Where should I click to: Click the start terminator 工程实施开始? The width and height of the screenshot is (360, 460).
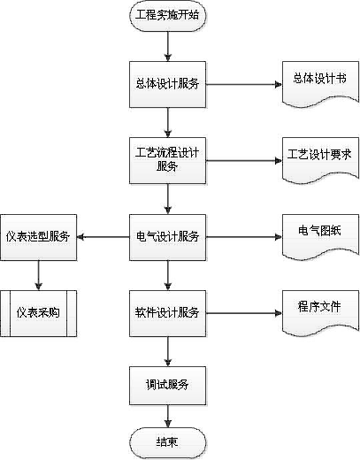point(167,15)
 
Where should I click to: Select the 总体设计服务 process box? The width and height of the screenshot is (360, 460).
point(167,84)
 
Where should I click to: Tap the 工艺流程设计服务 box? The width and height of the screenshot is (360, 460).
point(167,161)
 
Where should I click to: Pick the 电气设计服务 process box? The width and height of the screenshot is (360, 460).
point(167,237)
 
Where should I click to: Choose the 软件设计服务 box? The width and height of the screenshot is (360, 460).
point(167,313)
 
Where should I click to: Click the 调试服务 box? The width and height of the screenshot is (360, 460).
point(167,386)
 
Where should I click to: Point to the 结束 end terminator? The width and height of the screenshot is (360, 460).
point(167,442)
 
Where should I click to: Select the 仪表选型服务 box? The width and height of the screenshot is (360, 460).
point(38,237)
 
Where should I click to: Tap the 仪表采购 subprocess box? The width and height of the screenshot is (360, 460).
point(38,313)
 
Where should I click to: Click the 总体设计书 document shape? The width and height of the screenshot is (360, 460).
point(320,84)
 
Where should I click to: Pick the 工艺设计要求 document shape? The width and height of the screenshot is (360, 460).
point(320,160)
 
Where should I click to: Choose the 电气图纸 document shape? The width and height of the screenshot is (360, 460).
point(320,237)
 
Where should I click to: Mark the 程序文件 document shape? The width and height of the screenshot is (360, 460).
point(320,313)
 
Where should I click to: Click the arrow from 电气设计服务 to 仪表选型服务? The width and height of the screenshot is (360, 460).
point(103,237)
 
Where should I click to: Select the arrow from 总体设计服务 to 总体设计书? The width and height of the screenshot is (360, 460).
point(244,85)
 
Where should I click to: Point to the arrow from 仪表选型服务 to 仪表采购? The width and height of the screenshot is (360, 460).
point(39,275)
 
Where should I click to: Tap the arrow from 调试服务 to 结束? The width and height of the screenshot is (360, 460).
point(168,417)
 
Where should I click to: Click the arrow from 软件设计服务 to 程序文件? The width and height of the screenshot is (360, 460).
point(244,313)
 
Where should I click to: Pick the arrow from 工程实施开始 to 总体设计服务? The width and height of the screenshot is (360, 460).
point(168,46)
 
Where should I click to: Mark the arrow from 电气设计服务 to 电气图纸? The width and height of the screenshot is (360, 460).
point(244,237)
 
